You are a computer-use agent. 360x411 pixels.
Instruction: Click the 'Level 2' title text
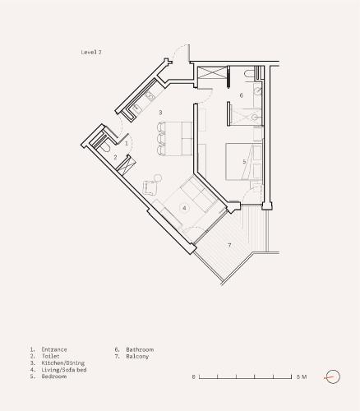click(x=91, y=52)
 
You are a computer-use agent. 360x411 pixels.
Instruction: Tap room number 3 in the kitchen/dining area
click(x=160, y=113)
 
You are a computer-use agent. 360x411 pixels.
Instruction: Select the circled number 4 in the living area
click(x=184, y=208)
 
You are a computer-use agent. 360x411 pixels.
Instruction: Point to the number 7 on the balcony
click(x=229, y=245)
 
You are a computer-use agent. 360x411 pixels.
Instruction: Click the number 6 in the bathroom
click(x=242, y=95)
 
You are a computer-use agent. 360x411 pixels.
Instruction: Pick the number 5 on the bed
click(x=244, y=162)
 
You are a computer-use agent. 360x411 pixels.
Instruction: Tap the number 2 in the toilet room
click(x=115, y=157)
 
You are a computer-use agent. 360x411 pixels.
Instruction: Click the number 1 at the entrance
click(x=127, y=143)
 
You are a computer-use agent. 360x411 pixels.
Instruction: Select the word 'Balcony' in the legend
click(x=137, y=356)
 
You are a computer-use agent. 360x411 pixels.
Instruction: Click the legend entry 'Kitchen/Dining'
click(x=62, y=363)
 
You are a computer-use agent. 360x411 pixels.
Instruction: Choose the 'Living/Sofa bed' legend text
click(x=64, y=370)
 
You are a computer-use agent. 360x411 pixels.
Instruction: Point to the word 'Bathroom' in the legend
click(x=140, y=349)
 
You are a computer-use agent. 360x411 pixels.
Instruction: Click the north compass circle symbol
click(x=333, y=376)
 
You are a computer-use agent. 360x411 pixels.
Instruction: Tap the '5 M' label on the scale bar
click(x=302, y=376)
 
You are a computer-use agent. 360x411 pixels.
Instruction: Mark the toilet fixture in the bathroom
click(x=250, y=73)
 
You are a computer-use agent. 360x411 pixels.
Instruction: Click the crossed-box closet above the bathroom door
click(x=212, y=72)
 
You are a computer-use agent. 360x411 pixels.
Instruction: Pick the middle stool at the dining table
click(x=161, y=139)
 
